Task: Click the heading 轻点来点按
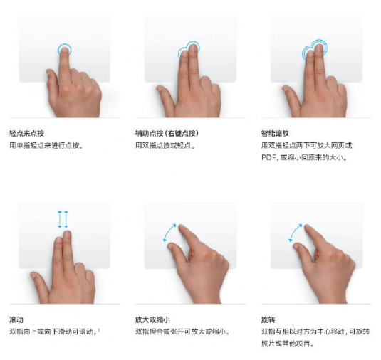[27, 133]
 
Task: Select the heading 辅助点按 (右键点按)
[167, 133]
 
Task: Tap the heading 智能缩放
[275, 133]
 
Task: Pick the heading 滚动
[16, 319]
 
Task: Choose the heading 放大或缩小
[152, 319]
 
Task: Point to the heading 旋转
[268, 319]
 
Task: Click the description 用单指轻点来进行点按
[46, 145]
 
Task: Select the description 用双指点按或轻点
[165, 145]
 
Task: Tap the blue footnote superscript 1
[99, 329]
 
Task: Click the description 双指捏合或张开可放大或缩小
[182, 332]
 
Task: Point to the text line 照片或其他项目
[287, 344]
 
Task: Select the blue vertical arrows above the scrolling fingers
[63, 219]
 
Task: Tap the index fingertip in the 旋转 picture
[307, 227]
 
